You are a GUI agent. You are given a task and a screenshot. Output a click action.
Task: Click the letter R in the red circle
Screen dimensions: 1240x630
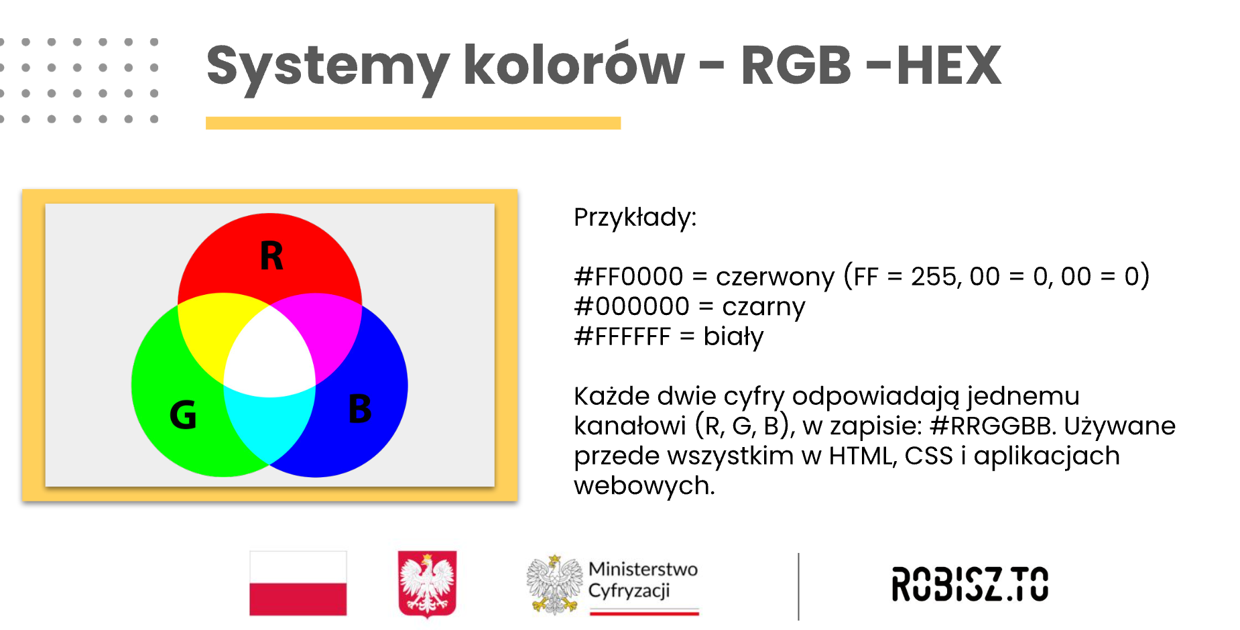[271, 255]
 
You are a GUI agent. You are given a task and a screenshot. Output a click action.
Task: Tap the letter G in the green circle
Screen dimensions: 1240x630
[183, 414]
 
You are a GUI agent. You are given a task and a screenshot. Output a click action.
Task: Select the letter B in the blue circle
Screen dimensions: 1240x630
[360, 409]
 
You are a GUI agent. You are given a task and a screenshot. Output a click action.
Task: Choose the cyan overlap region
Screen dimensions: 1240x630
[269, 422]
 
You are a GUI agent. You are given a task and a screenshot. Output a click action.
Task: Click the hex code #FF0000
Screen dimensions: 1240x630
[629, 276]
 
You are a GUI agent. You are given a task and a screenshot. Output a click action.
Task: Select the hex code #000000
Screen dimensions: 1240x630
[632, 306]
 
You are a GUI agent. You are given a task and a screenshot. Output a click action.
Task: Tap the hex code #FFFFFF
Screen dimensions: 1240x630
[623, 336]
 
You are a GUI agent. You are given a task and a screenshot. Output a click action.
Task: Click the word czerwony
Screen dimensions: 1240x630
[776, 277]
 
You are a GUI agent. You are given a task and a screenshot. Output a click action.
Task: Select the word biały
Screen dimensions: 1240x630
[733, 336]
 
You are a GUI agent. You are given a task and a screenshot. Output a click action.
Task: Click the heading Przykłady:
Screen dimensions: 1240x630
[635, 218]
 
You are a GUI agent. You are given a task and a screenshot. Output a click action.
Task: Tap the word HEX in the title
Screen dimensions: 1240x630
[949, 66]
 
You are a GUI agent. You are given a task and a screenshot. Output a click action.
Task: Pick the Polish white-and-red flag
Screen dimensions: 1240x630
[298, 583]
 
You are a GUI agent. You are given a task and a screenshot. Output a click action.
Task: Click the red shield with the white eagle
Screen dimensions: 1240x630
[427, 583]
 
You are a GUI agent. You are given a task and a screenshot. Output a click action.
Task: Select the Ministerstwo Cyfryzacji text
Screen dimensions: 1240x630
[643, 580]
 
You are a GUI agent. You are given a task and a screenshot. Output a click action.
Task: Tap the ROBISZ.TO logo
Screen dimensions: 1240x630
[970, 584]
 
